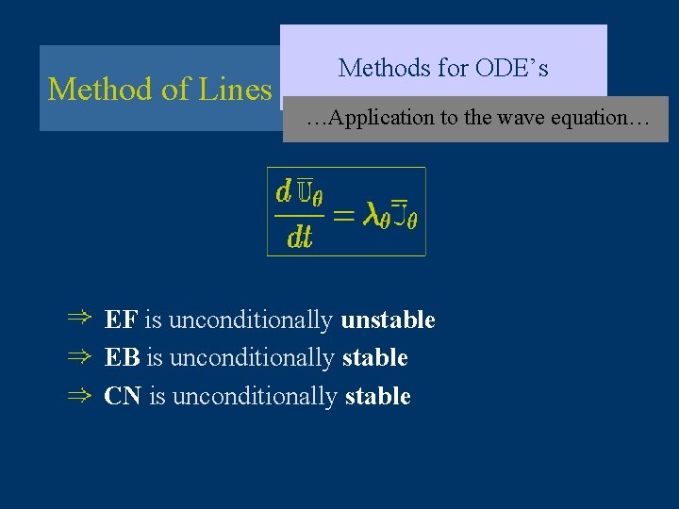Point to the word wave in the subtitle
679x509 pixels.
tap(521, 118)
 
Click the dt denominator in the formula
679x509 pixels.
tap(299, 237)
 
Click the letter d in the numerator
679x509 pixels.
tap(283, 192)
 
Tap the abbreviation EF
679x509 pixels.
tap(121, 320)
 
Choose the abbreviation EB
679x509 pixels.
tap(123, 358)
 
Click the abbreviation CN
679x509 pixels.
tap(123, 397)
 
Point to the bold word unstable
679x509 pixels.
tap(388, 320)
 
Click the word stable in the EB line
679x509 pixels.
tap(374, 358)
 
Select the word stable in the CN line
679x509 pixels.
tap(377, 397)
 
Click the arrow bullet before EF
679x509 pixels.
tap(78, 320)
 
